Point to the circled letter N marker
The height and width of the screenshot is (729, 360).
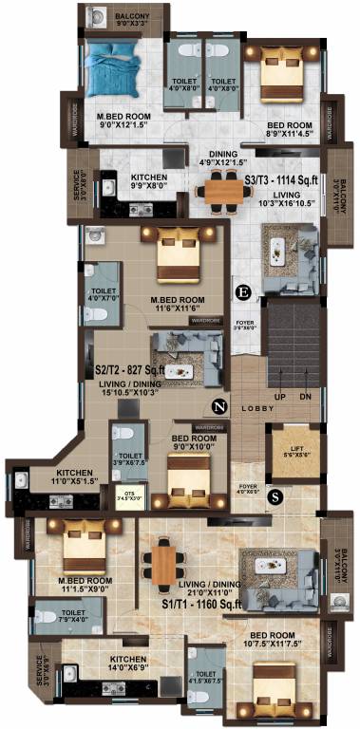[x=219, y=407]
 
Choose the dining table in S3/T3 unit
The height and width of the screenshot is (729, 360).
[x=224, y=192]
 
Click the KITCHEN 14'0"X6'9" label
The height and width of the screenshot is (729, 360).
[x=127, y=664]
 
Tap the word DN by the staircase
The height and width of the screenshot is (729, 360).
[x=307, y=396]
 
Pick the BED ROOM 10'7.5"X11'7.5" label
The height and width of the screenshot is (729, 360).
[x=269, y=640]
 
